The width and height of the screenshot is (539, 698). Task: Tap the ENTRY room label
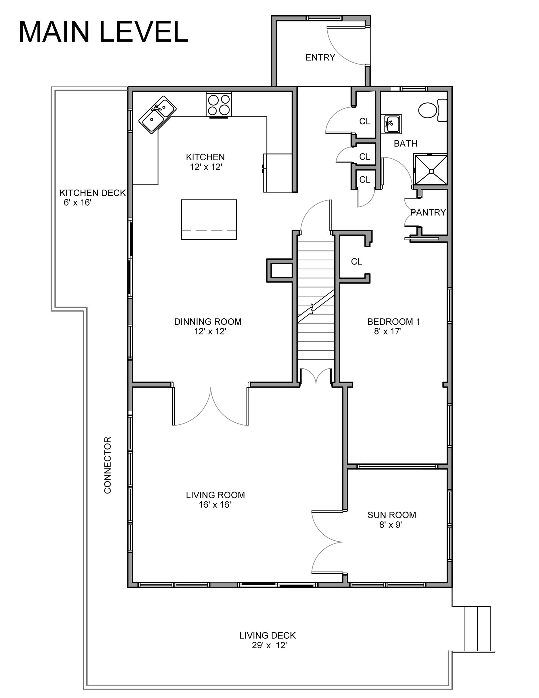(x=320, y=58)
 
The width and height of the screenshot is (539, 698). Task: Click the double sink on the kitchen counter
(x=157, y=115)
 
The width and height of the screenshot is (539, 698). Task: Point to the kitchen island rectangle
(x=209, y=220)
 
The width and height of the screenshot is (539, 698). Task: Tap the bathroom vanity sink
(x=392, y=124)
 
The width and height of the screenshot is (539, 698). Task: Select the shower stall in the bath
(x=431, y=170)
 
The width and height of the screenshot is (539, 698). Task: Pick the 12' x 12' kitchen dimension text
(x=206, y=167)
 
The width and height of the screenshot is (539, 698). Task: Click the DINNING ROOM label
(x=208, y=321)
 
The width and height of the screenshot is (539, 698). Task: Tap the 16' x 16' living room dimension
(x=215, y=505)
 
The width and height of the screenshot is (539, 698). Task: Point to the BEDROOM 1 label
(x=394, y=321)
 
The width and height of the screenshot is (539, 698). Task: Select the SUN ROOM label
(x=392, y=515)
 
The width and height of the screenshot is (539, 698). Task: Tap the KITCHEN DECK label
(x=93, y=193)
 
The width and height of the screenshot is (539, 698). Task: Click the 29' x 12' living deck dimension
(x=269, y=645)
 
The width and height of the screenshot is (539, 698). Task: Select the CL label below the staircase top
(x=357, y=262)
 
